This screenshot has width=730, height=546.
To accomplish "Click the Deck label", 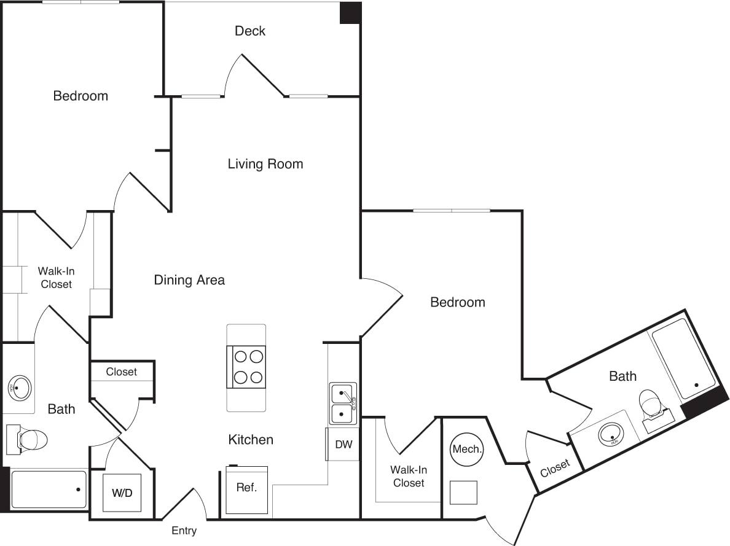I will (250, 31).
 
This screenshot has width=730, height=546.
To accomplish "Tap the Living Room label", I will (265, 164).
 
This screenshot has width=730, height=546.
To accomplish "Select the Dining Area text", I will (189, 280).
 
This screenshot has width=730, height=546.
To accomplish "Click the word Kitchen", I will (251, 440).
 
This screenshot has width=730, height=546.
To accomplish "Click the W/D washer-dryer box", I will (122, 493).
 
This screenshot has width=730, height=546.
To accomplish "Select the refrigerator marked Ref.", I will (246, 488).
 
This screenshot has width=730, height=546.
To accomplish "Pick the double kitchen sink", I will (343, 404).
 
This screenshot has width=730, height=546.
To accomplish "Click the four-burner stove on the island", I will (246, 367).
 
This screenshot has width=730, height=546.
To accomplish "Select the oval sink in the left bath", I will (20, 388).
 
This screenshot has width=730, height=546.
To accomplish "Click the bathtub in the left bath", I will (49, 489).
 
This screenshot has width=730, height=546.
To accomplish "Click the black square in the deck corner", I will (351, 13).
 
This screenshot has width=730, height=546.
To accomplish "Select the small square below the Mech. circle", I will (464, 493).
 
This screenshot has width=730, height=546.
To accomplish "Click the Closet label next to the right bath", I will (555, 469).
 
